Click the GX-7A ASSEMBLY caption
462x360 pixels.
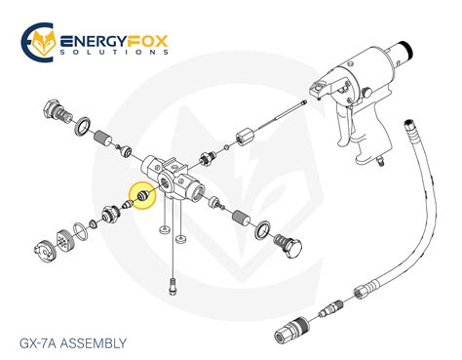coord(73,342)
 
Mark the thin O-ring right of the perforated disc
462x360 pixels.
coord(92,227)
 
